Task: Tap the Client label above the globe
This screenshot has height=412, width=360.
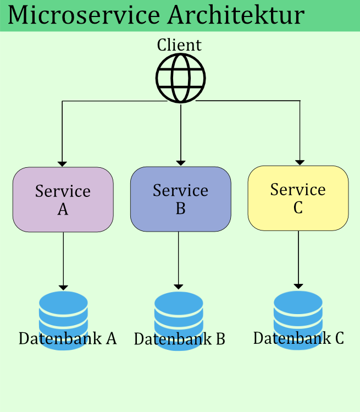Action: (x=179, y=45)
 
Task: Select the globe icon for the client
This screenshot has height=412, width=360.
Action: (x=180, y=78)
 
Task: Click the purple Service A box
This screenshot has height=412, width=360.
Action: (x=63, y=199)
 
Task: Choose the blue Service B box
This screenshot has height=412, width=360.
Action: (x=180, y=199)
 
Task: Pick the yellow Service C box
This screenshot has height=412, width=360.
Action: (x=298, y=198)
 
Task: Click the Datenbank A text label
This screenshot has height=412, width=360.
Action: (x=68, y=338)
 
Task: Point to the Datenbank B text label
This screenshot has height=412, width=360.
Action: (x=180, y=339)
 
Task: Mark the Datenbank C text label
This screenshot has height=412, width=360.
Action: (x=298, y=338)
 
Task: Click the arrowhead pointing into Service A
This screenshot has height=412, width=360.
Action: (x=63, y=163)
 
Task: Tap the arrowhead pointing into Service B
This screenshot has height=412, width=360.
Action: (x=181, y=163)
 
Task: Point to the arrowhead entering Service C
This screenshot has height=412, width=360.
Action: (x=300, y=162)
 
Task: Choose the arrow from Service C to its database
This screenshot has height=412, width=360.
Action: (x=298, y=259)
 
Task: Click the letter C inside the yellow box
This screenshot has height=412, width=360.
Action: (x=298, y=207)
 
